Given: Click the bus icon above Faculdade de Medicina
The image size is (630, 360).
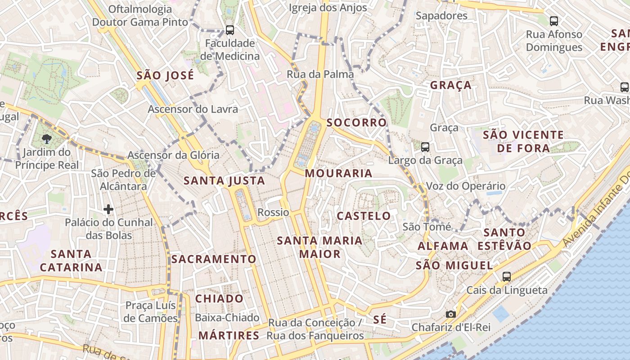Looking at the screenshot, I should click(x=229, y=30).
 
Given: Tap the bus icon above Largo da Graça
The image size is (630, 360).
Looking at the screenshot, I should click(x=425, y=147).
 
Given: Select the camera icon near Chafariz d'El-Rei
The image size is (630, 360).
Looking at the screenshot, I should click(x=450, y=314).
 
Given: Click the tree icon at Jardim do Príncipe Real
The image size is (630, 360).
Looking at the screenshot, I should click(x=46, y=139).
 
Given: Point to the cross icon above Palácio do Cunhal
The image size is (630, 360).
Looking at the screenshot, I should click(x=108, y=209).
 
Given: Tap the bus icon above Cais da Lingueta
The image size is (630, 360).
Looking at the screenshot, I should click(x=507, y=277).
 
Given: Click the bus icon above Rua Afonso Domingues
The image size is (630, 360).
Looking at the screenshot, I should click(x=554, y=21).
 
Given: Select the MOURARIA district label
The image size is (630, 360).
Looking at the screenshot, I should click(x=338, y=173).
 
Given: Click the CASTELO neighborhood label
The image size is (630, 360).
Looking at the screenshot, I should click(x=364, y=216).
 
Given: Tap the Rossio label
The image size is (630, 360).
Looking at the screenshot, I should click(x=273, y=212).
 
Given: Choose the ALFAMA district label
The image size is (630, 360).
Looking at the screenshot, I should click(x=443, y=246).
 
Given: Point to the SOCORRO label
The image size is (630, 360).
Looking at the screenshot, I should click(x=356, y=122).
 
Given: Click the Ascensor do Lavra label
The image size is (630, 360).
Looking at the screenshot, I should click(x=193, y=109).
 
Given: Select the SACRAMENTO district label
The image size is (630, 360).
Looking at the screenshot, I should click(x=213, y=259).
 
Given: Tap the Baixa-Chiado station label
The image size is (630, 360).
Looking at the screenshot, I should click(x=227, y=318).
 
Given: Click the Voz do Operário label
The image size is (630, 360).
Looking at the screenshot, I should click(x=465, y=186).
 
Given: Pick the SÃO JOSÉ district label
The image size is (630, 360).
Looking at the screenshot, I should click(x=165, y=75).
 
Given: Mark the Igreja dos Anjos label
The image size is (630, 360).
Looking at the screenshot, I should click(x=328, y=8).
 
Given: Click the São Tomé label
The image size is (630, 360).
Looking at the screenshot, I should click(x=427, y=227).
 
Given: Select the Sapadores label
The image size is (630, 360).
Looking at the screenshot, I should click(x=441, y=16).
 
